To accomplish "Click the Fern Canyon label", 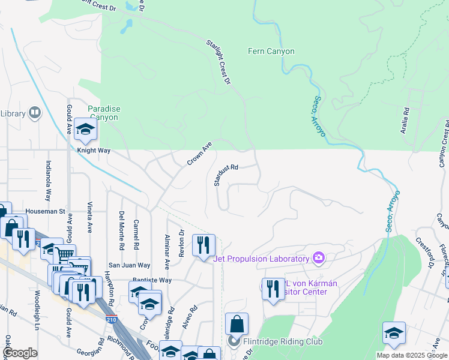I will point(271,52).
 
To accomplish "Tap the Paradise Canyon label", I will point(104,113).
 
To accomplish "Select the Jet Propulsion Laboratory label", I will point(262,259).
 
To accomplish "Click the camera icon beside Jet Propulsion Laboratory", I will point(318,259).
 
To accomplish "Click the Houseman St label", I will point(44,212).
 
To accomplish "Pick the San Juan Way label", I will point(128,265).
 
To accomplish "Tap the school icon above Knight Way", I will point(85,130).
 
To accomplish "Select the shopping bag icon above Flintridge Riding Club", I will point(237,323).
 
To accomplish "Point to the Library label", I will point(13,113).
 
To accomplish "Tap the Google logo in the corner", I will point(20,353).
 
